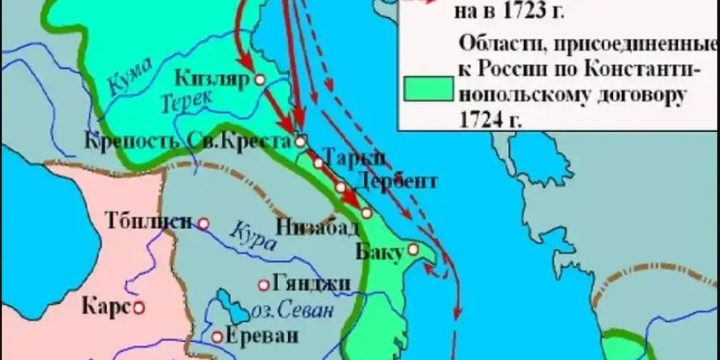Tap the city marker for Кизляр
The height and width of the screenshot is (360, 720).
260,78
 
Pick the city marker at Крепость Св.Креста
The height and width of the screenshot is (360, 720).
301,142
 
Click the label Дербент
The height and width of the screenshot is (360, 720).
396,181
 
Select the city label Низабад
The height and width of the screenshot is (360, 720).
317,227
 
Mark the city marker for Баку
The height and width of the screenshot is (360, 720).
413,248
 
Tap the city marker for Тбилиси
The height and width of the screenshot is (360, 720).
204,224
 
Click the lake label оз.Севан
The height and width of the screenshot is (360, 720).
291,311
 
